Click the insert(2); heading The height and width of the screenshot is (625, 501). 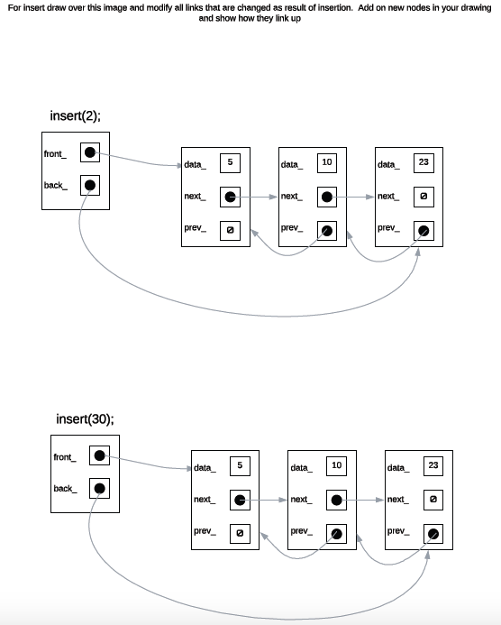[x=81, y=115]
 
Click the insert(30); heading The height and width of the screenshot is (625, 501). [x=85, y=419]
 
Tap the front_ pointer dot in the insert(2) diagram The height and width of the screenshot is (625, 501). [x=90, y=153]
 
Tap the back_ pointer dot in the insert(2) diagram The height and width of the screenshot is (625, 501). [x=90, y=187]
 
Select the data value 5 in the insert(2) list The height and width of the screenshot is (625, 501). [x=230, y=162]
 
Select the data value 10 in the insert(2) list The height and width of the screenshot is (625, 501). [x=327, y=162]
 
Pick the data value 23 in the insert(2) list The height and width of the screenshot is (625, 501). [x=424, y=162]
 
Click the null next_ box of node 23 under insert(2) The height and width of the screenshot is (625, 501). [x=424, y=197]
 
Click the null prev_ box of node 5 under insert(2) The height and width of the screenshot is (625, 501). [x=230, y=231]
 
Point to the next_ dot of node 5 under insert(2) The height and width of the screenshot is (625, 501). [x=231, y=197]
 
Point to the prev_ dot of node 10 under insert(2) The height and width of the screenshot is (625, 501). [x=327, y=231]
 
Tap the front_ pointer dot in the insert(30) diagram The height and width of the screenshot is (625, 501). [x=100, y=456]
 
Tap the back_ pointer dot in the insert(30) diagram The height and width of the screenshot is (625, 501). [x=100, y=489]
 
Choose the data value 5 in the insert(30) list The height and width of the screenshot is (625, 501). [x=240, y=465]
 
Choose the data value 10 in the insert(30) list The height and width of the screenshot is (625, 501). [x=336, y=465]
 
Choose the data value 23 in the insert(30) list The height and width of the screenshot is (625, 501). [x=433, y=465]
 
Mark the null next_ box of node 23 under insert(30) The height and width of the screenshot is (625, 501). [x=433, y=499]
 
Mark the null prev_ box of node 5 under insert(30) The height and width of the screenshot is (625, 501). [x=240, y=533]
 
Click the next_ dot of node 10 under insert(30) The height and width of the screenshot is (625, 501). [x=336, y=499]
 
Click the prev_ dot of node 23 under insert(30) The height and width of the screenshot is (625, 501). [x=433, y=533]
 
